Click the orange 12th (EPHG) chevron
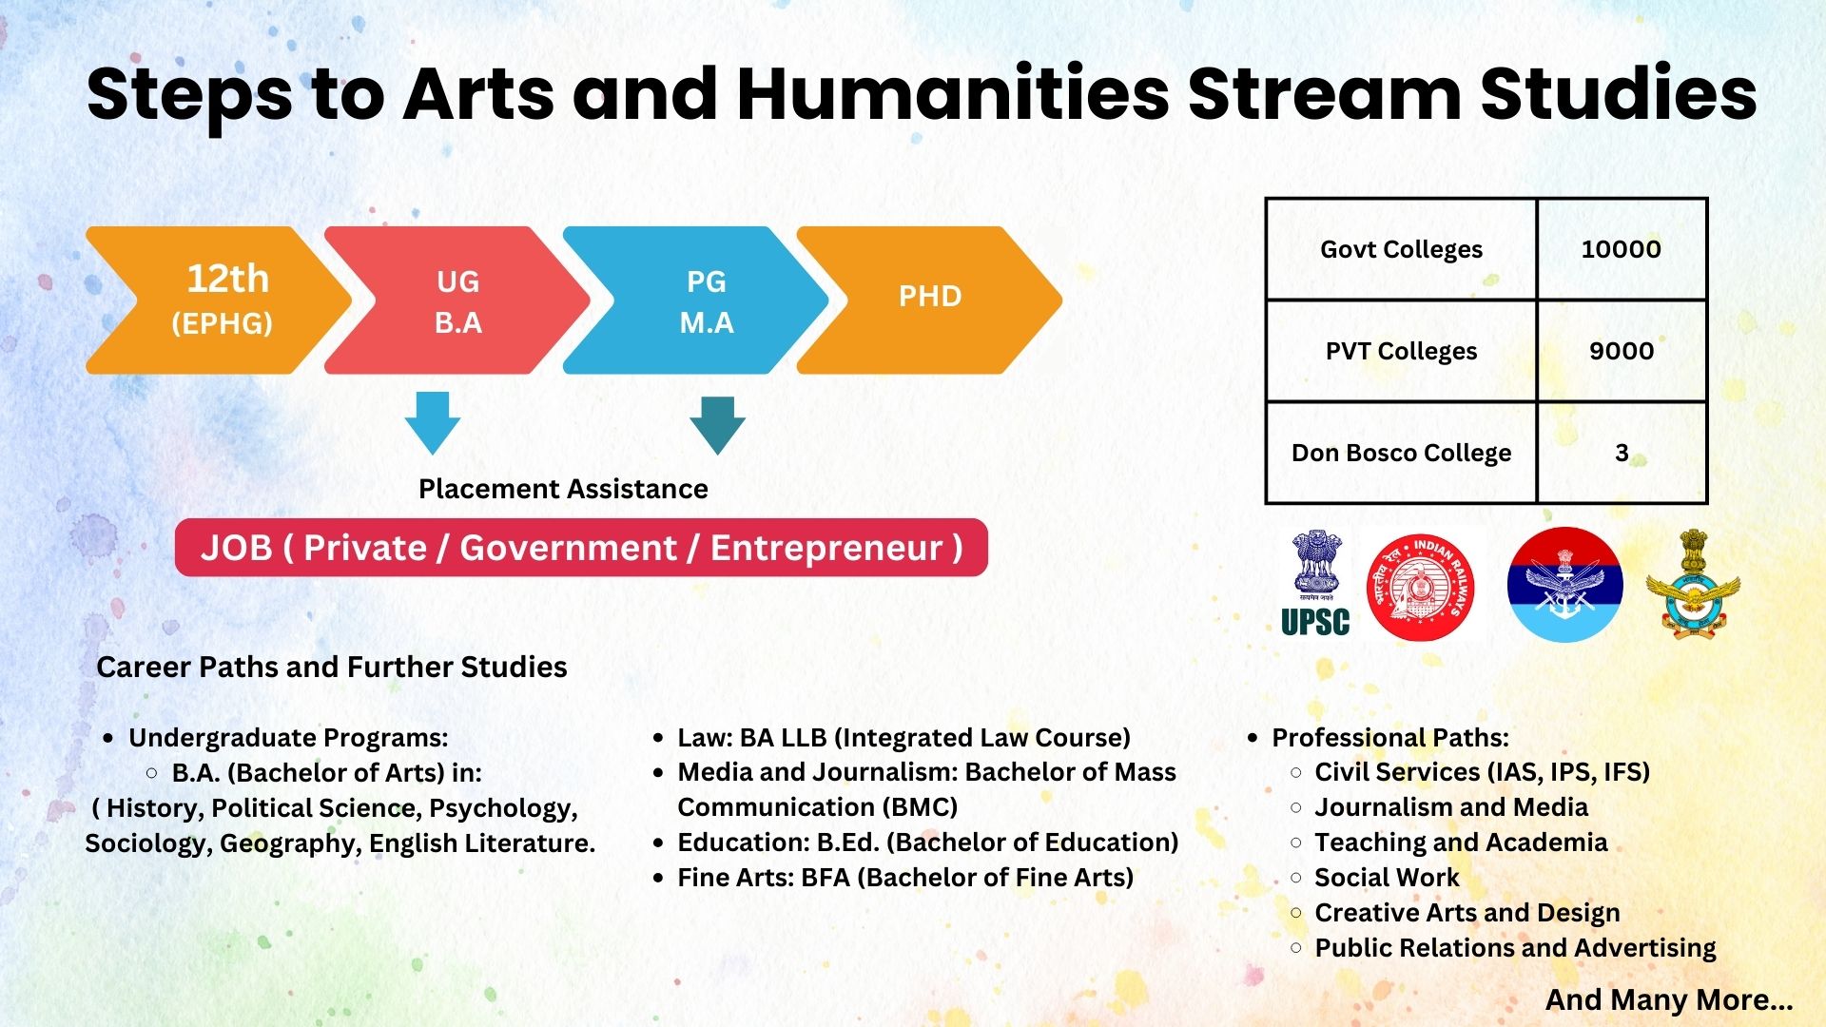click(x=219, y=300)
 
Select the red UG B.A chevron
click(x=457, y=300)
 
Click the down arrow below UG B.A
click(x=433, y=422)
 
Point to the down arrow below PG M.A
click(x=717, y=424)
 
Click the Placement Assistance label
click(x=563, y=489)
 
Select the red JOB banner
click(x=581, y=548)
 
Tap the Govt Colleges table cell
click(x=1401, y=249)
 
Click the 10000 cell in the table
click(x=1622, y=249)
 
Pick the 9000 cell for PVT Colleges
click(x=1622, y=351)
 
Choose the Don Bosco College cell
click(x=1401, y=453)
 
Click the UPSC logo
click(x=1315, y=583)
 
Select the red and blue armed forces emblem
click(x=1564, y=585)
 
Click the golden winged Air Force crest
click(x=1693, y=583)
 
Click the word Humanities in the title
click(x=953, y=93)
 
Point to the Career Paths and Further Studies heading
click(x=332, y=667)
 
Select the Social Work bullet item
click(x=1387, y=878)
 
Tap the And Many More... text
click(x=1669, y=999)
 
